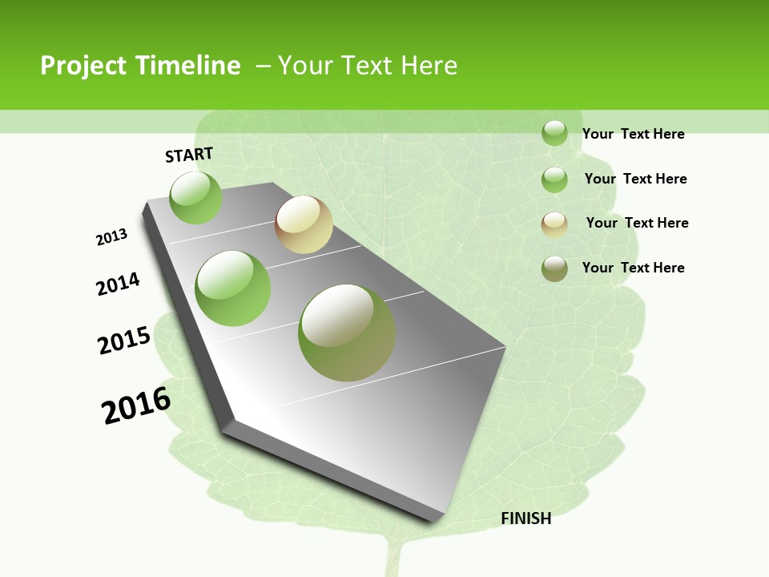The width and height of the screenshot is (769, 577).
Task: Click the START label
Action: (189, 155)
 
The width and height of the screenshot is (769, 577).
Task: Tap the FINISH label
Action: (526, 518)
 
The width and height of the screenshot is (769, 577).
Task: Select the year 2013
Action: (112, 237)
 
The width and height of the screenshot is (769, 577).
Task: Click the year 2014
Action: (119, 284)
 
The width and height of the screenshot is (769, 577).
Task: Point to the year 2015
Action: (124, 341)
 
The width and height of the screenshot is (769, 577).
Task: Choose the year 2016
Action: (136, 406)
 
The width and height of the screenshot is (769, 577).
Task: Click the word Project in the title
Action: (81, 66)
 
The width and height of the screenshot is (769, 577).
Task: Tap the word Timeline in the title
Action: (193, 66)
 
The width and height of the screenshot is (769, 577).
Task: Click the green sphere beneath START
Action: (196, 197)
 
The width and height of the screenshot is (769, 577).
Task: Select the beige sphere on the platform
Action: (304, 224)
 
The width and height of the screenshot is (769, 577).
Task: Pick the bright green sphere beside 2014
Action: (233, 288)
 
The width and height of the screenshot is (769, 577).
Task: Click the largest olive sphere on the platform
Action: (347, 333)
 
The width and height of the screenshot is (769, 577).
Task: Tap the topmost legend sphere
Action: (554, 133)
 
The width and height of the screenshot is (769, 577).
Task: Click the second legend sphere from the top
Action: (554, 180)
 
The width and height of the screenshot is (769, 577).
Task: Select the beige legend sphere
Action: (554, 224)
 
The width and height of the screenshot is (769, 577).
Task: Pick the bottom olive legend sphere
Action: (554, 268)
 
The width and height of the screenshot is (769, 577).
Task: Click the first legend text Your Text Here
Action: (633, 134)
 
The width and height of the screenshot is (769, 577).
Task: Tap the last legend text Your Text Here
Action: (633, 268)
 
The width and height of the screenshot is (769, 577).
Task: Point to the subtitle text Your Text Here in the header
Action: (368, 66)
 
